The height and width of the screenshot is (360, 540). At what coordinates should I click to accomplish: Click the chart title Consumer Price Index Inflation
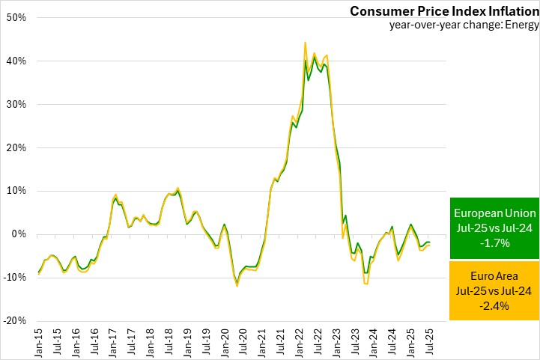(x=444, y=11)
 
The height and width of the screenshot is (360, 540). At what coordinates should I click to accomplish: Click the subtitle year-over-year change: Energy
(x=464, y=25)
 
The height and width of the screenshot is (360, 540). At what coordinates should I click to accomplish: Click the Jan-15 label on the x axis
(x=39, y=342)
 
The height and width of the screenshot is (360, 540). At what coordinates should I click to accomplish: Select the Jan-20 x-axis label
(x=225, y=342)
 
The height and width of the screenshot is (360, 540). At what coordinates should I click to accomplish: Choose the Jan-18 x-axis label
(x=151, y=342)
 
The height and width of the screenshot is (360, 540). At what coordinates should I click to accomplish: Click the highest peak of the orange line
(x=306, y=43)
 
